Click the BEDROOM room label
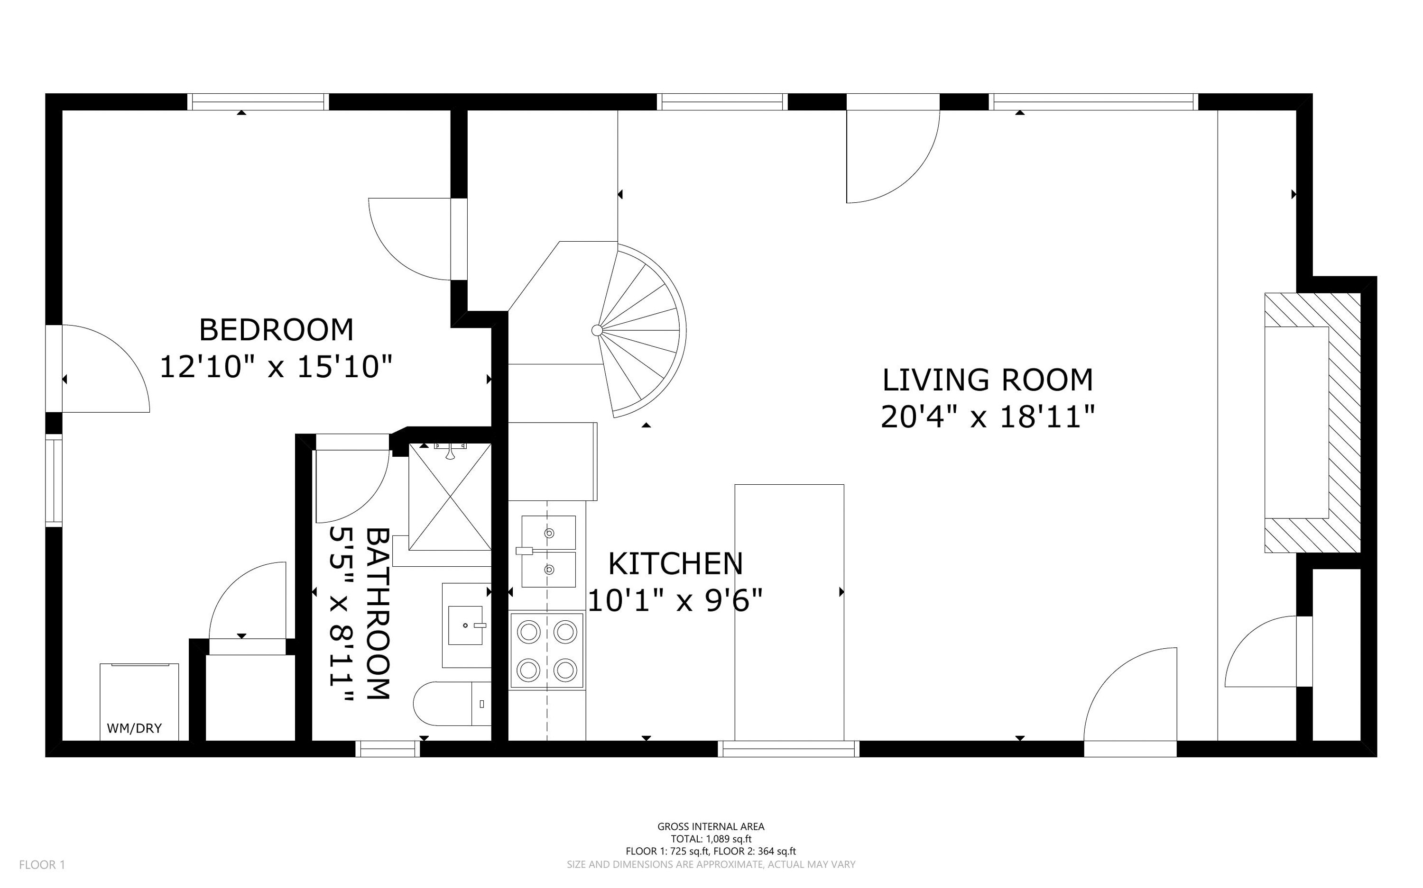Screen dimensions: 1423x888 coord(276,330)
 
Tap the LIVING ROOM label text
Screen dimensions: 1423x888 coord(988,380)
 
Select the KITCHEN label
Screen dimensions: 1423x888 coord(675,564)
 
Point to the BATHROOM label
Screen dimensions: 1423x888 coord(378,614)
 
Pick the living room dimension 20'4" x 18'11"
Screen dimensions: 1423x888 coord(988,417)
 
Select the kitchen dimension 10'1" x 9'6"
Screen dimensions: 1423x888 coord(675,601)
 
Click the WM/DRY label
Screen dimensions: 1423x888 coord(134,729)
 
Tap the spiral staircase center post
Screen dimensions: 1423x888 coord(597,330)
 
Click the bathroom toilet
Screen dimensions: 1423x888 coord(452,703)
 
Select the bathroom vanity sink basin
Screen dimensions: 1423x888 coord(465,625)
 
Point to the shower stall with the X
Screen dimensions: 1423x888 coord(450,497)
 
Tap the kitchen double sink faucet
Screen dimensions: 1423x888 coord(524,551)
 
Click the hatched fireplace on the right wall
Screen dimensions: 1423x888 coord(1313,423)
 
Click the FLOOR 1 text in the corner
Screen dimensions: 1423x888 coord(42,864)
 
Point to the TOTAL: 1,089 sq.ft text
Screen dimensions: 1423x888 coord(711,839)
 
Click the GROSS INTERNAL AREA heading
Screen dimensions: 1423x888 coord(711,827)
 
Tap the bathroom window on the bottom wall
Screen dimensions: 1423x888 coord(388,749)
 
